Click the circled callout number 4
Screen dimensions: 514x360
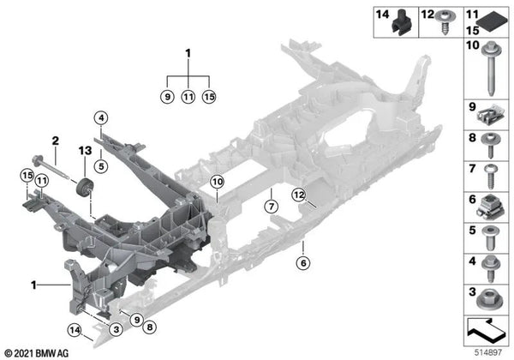click(x=101, y=117)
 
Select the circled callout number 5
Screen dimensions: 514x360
click(x=101, y=166)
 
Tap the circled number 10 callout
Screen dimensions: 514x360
click(x=217, y=182)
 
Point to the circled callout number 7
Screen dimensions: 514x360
click(x=271, y=207)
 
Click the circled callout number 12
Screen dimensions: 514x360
click(x=299, y=195)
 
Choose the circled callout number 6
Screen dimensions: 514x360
click(x=303, y=262)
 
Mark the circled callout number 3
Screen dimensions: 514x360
click(x=117, y=329)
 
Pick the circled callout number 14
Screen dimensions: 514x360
click(x=75, y=330)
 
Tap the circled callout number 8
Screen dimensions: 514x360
click(x=149, y=327)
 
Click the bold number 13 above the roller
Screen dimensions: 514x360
click(x=85, y=151)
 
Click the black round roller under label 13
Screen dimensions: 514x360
click(x=84, y=188)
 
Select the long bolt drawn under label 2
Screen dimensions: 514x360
click(x=51, y=167)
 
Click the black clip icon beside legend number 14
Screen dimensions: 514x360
click(x=401, y=22)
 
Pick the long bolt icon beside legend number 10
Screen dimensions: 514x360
click(x=492, y=69)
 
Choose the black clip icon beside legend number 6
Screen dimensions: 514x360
click(x=490, y=207)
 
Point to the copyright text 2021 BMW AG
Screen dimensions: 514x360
click(x=37, y=353)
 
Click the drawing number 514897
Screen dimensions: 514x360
click(x=488, y=353)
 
